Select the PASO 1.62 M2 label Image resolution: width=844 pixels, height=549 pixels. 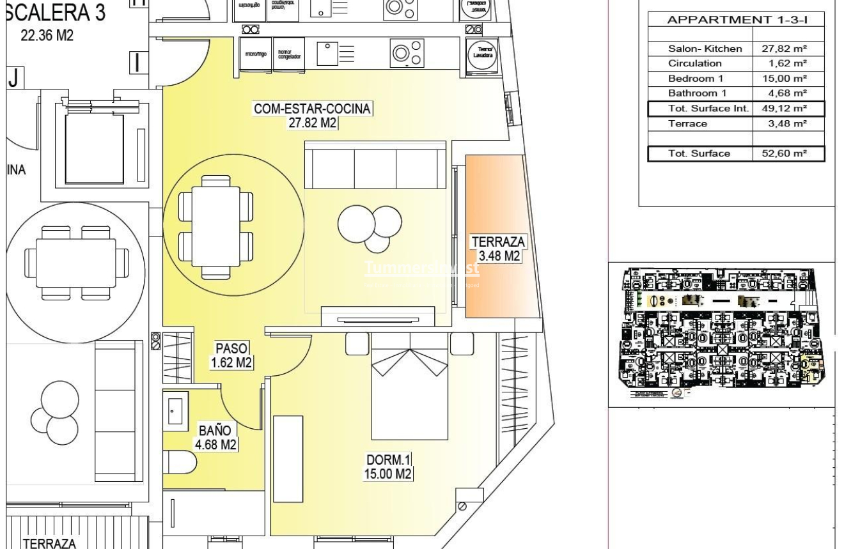[x=231, y=355]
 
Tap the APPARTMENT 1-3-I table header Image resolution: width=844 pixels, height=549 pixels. [x=737, y=20]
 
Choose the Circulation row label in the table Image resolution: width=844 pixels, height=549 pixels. [x=694, y=63]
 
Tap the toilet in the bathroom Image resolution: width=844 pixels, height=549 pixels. [x=178, y=461]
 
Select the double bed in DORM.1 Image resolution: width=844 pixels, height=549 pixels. [x=409, y=387]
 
